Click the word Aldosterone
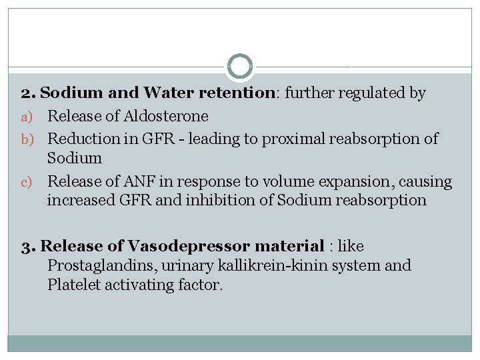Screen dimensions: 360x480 (165, 116)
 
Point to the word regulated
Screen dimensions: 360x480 (373, 93)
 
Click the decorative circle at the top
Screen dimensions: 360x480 (240, 67)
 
